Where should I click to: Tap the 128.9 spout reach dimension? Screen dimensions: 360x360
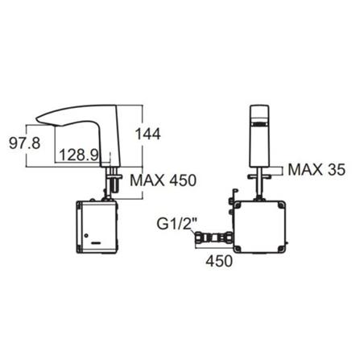pyautogui.click(x=81, y=153)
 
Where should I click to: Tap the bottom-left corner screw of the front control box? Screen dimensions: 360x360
pyautogui.click(x=235, y=249)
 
